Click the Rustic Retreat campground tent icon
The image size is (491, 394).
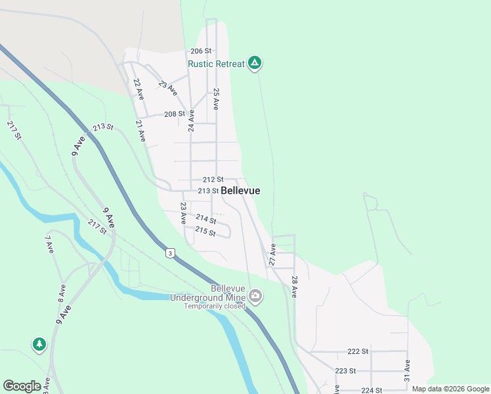[255, 63]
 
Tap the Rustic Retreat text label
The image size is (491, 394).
[216, 64]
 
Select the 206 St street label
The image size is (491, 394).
[201, 51]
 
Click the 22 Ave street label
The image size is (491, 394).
[139, 89]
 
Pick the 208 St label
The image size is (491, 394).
[174, 114]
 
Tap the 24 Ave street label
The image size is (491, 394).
[191, 120]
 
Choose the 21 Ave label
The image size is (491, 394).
[140, 131]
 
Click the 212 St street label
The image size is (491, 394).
[213, 179]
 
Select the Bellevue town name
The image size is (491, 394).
[240, 190]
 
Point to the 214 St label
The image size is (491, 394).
[205, 219]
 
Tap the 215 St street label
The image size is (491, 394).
[205, 231]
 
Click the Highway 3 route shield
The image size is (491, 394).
[171, 253]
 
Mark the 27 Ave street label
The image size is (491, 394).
[272, 255]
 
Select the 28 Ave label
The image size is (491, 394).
[294, 287]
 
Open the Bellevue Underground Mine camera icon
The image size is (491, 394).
[255, 297]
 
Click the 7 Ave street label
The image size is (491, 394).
[49, 244]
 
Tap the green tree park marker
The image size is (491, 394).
[39, 344]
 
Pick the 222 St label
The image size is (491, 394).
[358, 351]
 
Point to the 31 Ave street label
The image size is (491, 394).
[407, 371]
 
